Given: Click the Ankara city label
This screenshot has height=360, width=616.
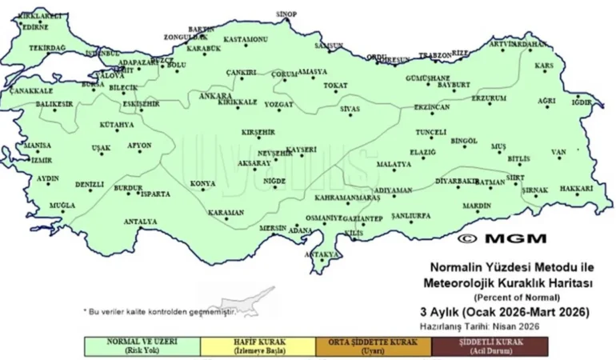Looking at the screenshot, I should tap(214, 96).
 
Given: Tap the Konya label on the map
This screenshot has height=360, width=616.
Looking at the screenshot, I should tap(202, 184).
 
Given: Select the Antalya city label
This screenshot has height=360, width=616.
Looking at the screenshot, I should tap(140, 221).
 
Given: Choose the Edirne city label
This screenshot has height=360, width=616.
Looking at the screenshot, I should tap(34, 26).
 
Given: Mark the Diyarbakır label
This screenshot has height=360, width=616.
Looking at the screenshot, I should tap(457, 181).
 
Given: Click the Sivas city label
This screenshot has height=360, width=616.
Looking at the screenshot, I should tap(350, 108).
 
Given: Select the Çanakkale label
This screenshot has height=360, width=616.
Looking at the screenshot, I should tap(30, 91).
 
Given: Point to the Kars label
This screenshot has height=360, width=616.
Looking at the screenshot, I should tap(544, 66).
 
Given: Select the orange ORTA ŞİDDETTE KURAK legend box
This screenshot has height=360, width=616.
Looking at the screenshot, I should tap(373, 345).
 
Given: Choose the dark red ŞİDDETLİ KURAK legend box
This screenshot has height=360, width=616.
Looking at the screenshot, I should tap(488, 345).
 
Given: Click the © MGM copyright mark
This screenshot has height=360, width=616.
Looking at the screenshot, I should tap(502, 238).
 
